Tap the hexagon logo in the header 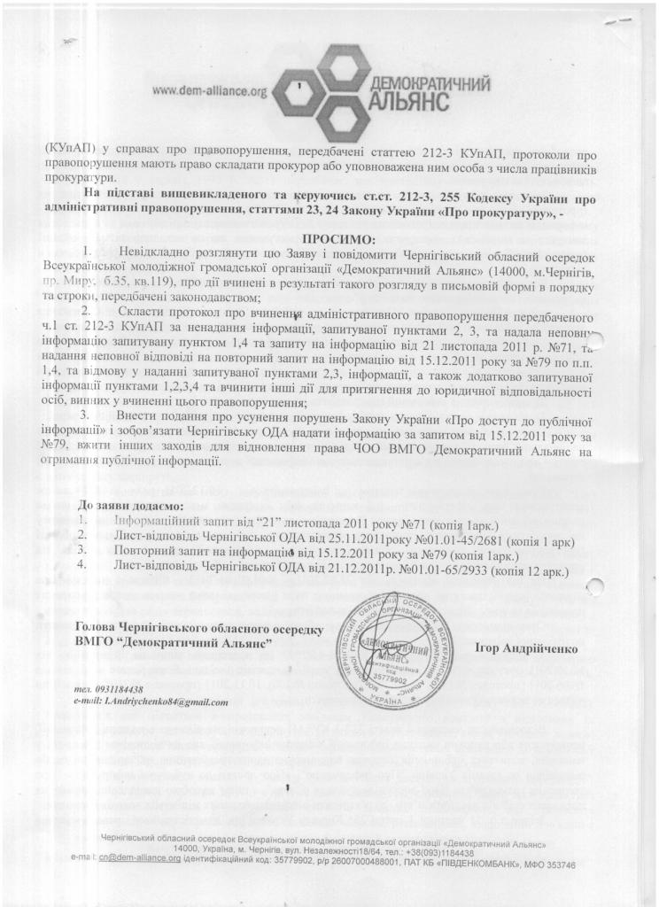[x=316, y=89]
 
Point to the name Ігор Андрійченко [x=524, y=648]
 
